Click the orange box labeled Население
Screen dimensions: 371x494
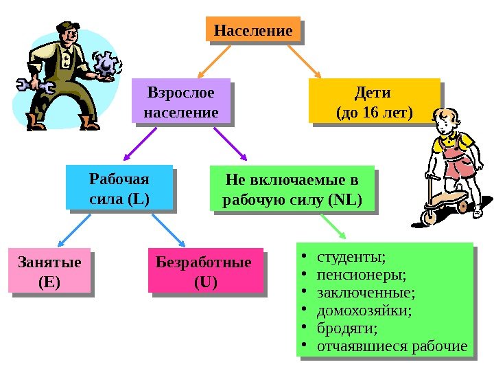[x=253, y=31]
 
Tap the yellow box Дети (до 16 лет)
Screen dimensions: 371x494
[x=374, y=102]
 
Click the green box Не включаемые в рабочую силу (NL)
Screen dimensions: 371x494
[x=292, y=190]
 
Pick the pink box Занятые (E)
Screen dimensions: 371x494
[x=49, y=270]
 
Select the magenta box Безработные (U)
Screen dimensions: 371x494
[x=205, y=270]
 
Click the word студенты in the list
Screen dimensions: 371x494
[x=351, y=257]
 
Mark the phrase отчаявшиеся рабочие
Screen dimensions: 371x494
[x=392, y=346]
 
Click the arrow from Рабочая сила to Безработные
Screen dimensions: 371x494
[x=168, y=229]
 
